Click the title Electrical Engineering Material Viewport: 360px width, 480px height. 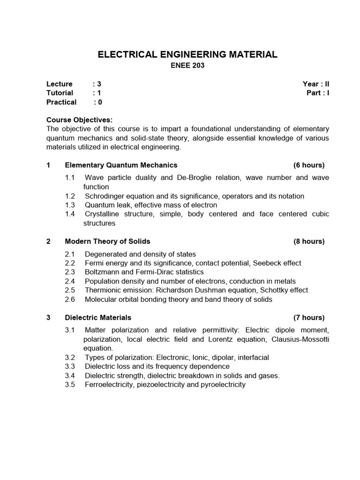tap(187, 54)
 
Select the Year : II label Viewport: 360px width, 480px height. tap(316, 84)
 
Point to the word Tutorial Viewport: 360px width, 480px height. tap(60, 93)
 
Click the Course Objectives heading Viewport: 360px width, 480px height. tap(79, 120)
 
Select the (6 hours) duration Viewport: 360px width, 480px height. tap(309, 165)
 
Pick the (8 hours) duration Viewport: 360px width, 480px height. tap(309, 241)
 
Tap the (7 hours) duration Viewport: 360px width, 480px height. tap(309, 317)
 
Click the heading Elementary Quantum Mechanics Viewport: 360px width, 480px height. tap(121, 165)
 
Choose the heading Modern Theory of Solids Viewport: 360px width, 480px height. tap(107, 241)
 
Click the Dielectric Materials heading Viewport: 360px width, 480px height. tap(98, 317)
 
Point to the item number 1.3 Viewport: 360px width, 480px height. tap(70, 205)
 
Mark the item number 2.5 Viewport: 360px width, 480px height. tap(70, 290)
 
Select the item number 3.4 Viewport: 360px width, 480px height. tap(70, 375)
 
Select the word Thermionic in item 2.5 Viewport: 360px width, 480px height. tap(102, 290)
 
